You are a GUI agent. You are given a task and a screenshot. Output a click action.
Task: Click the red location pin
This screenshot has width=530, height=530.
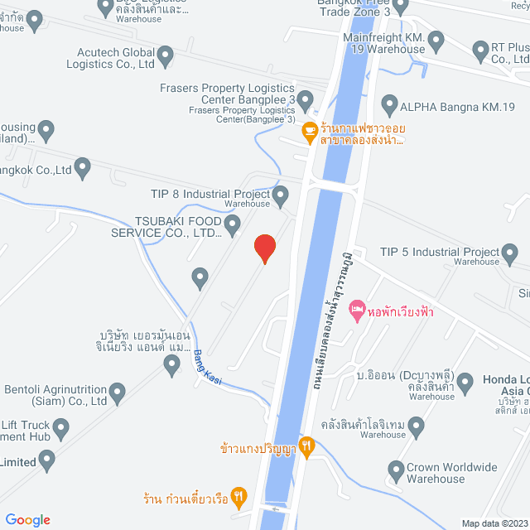click(264, 248)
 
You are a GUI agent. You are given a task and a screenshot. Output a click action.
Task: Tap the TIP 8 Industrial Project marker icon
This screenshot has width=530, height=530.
click(281, 197)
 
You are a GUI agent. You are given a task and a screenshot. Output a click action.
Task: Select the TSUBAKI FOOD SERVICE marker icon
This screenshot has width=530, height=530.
click(233, 224)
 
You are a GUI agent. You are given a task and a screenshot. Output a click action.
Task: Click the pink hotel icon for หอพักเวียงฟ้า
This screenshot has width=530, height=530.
click(357, 311)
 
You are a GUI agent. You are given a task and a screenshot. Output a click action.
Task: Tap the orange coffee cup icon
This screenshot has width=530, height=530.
click(308, 130)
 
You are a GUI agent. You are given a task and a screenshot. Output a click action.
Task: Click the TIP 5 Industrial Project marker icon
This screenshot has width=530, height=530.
click(513, 253)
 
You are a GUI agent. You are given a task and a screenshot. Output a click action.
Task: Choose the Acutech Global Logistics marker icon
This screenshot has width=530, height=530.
click(166, 56)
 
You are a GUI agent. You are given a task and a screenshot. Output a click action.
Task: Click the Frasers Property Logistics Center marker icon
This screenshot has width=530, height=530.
click(306, 103)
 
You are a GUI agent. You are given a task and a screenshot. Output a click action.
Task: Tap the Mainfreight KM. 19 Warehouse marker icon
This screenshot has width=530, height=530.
click(437, 40)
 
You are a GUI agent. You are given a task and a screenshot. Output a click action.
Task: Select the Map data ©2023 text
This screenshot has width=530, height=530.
click(494, 523)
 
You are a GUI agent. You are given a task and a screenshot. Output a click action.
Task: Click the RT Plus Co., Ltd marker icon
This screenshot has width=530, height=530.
click(480, 51)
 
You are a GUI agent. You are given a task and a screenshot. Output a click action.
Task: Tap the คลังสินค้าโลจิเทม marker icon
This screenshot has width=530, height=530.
click(416, 428)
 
